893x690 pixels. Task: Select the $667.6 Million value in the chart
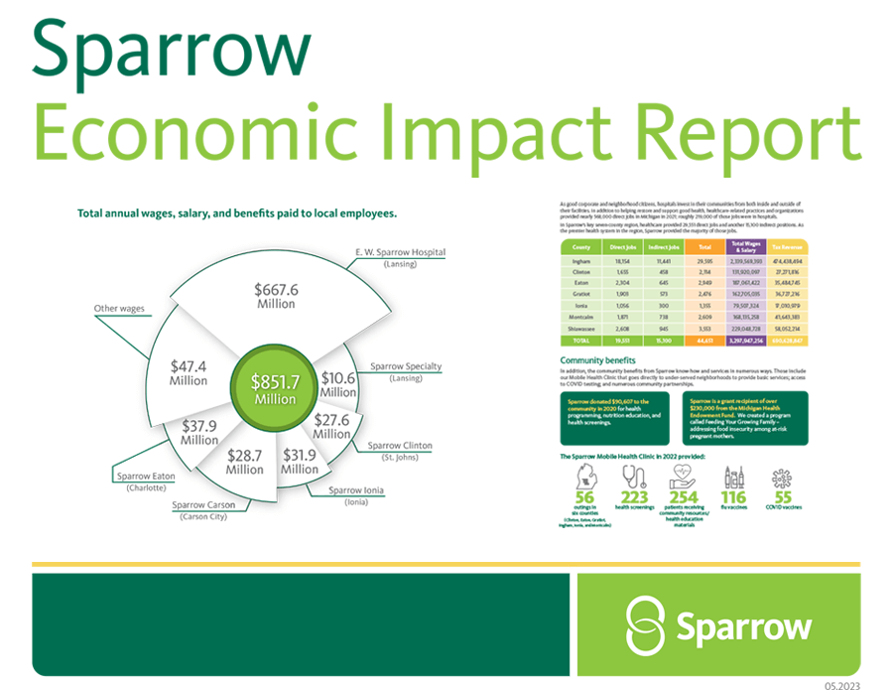pos(275,296)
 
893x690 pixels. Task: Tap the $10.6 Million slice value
pos(338,384)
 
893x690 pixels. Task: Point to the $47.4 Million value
pos(189,373)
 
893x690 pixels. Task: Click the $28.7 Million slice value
pos(244,462)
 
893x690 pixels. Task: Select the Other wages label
pos(119,309)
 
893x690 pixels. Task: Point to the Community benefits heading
pos(597,359)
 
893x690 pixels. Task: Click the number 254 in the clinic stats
pos(684,497)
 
